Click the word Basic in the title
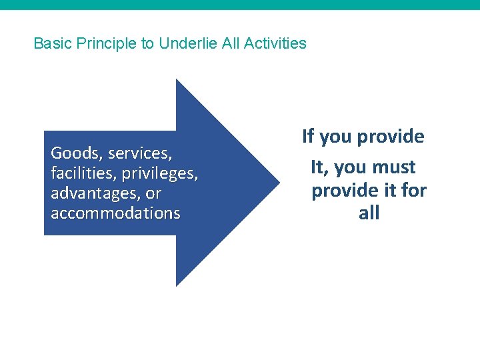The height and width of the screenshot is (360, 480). [x=52, y=44]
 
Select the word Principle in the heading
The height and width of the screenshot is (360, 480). [x=105, y=44]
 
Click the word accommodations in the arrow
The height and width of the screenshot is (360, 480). [x=115, y=213]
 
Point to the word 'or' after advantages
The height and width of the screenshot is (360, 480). [x=153, y=193]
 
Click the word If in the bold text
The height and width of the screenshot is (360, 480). [x=308, y=137]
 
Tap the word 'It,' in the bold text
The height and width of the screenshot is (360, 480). [x=320, y=167]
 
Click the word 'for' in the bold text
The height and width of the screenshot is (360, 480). [x=413, y=191]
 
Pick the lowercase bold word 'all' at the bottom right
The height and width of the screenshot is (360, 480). [x=369, y=213]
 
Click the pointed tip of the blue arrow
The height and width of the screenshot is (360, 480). [x=277, y=182]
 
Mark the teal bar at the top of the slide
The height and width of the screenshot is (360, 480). [x=240, y=5]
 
